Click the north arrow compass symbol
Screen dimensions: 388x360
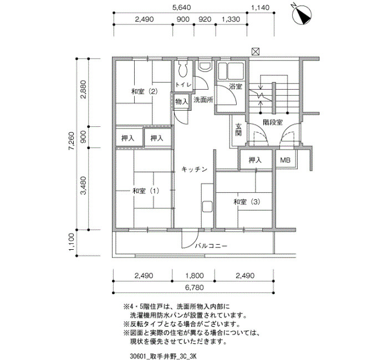pos(302,14)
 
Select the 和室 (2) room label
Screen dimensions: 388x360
pos(145,92)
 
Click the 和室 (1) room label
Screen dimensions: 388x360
pos(146,191)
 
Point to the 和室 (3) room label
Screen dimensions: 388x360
pos(247,202)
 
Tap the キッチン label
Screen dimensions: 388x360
pos(194,169)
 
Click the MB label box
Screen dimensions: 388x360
pos(285,160)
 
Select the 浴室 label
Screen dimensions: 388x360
pos(236,86)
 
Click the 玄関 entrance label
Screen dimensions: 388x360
pos(238,130)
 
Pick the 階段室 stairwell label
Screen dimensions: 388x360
pos(273,122)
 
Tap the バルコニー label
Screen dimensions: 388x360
pos(211,246)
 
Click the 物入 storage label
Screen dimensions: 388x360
pos(182,101)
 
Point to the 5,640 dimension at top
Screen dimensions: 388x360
pos(181,7)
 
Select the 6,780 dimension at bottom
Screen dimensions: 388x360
pos(194,287)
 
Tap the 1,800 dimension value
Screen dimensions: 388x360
pos(194,275)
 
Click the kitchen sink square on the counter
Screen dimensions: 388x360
pos(207,207)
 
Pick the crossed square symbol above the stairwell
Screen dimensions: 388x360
pos(256,52)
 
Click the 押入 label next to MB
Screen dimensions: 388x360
pos(255,160)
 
